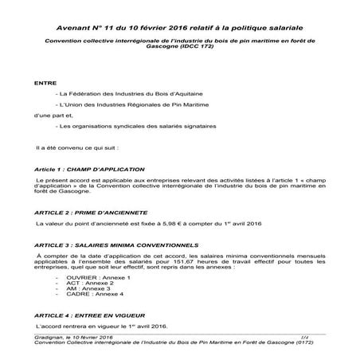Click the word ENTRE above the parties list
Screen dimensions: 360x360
click(x=45, y=83)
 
